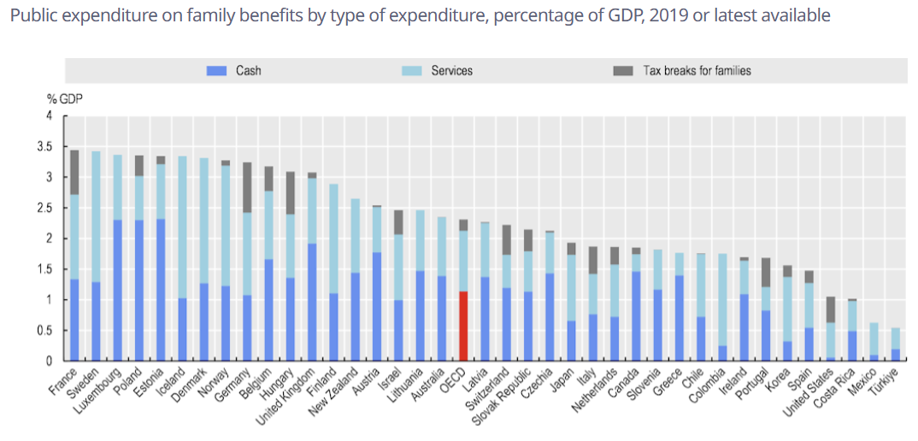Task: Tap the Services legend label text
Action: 451,71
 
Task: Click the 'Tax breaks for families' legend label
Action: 697,71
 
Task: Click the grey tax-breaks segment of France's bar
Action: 74,172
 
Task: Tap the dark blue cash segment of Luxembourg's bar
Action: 117,290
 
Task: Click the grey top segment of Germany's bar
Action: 247,187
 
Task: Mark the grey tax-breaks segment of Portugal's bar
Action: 766,272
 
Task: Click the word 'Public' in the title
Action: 31,16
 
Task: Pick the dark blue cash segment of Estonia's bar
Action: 161,290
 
